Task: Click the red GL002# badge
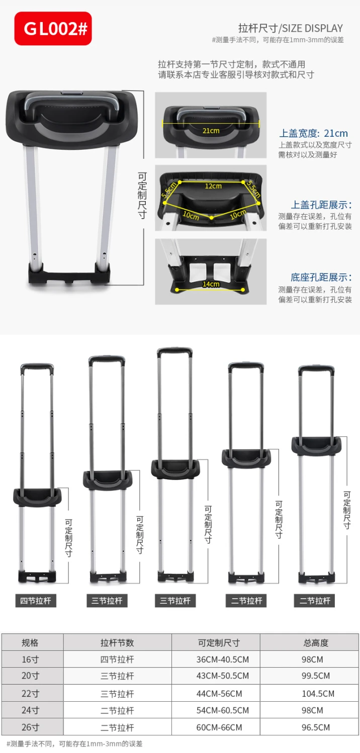coord(53,29)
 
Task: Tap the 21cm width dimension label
coord(211,131)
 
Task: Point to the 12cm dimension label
coord(214,186)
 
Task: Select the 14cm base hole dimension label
coord(211,284)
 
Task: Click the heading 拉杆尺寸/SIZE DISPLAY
coord(291,28)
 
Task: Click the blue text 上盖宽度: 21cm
coord(313,133)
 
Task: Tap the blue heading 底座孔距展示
coord(321,277)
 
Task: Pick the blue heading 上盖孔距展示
coord(321,205)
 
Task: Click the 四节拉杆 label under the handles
coord(36,601)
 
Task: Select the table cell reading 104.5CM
coord(318,694)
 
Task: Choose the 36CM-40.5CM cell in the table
coord(223,660)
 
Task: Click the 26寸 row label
coord(30,727)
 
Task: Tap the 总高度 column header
coord(316,643)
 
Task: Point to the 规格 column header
coord(30,643)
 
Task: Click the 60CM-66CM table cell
coord(219,727)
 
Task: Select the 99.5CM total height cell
coord(316,676)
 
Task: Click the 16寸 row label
coord(30,660)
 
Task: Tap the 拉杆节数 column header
coord(117,643)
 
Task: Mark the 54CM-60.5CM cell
coord(223,710)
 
